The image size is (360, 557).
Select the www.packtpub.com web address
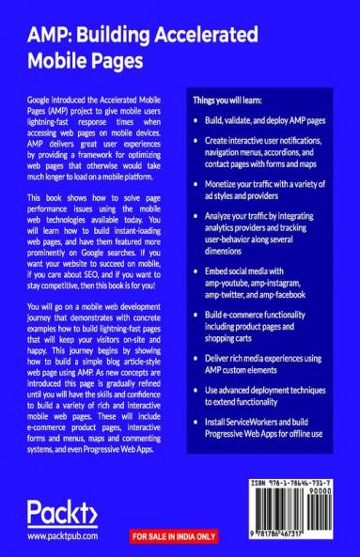point(64,537)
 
